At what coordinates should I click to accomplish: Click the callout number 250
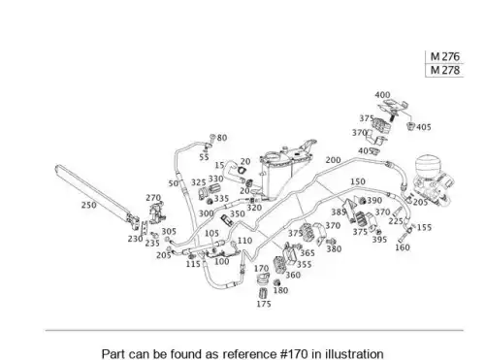click(88, 205)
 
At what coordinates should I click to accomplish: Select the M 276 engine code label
click(445, 57)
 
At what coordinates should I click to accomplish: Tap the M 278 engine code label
click(445, 70)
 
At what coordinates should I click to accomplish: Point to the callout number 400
click(382, 95)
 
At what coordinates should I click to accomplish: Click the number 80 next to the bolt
click(222, 138)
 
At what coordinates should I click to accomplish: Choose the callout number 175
click(264, 304)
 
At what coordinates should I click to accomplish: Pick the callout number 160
click(403, 247)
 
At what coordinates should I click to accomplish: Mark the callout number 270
click(153, 198)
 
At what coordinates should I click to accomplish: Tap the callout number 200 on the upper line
click(333, 160)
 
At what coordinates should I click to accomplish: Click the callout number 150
click(358, 181)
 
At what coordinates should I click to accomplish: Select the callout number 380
click(334, 249)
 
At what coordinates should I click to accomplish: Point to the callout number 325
click(199, 182)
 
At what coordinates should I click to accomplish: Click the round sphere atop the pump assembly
click(428, 166)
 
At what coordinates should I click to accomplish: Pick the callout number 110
click(244, 241)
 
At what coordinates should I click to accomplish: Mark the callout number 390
click(374, 201)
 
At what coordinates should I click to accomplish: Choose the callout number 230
click(135, 239)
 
